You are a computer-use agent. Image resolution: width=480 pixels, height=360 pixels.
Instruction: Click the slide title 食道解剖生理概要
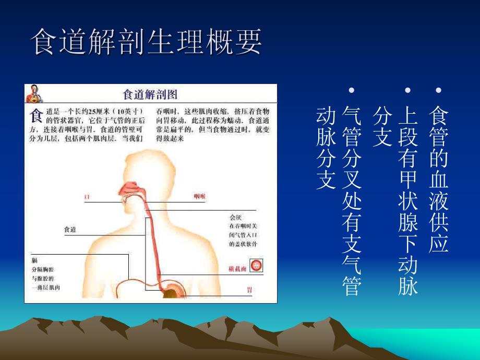pyautogui.click(x=147, y=42)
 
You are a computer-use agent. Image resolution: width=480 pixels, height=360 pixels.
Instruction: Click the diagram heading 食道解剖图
pyautogui.click(x=150, y=94)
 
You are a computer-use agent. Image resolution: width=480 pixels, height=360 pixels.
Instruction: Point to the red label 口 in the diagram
pyautogui.click(x=87, y=197)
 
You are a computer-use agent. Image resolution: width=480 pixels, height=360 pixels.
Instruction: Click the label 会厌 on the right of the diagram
pyautogui.click(x=236, y=217)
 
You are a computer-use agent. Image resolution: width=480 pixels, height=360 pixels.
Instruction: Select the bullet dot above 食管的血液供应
pyautogui.click(x=438, y=91)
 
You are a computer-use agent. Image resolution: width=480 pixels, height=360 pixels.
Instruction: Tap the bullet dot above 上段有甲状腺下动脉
pyautogui.click(x=409, y=91)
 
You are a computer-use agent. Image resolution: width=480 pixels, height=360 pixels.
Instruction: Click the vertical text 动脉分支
pyautogui.click(x=325, y=148)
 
